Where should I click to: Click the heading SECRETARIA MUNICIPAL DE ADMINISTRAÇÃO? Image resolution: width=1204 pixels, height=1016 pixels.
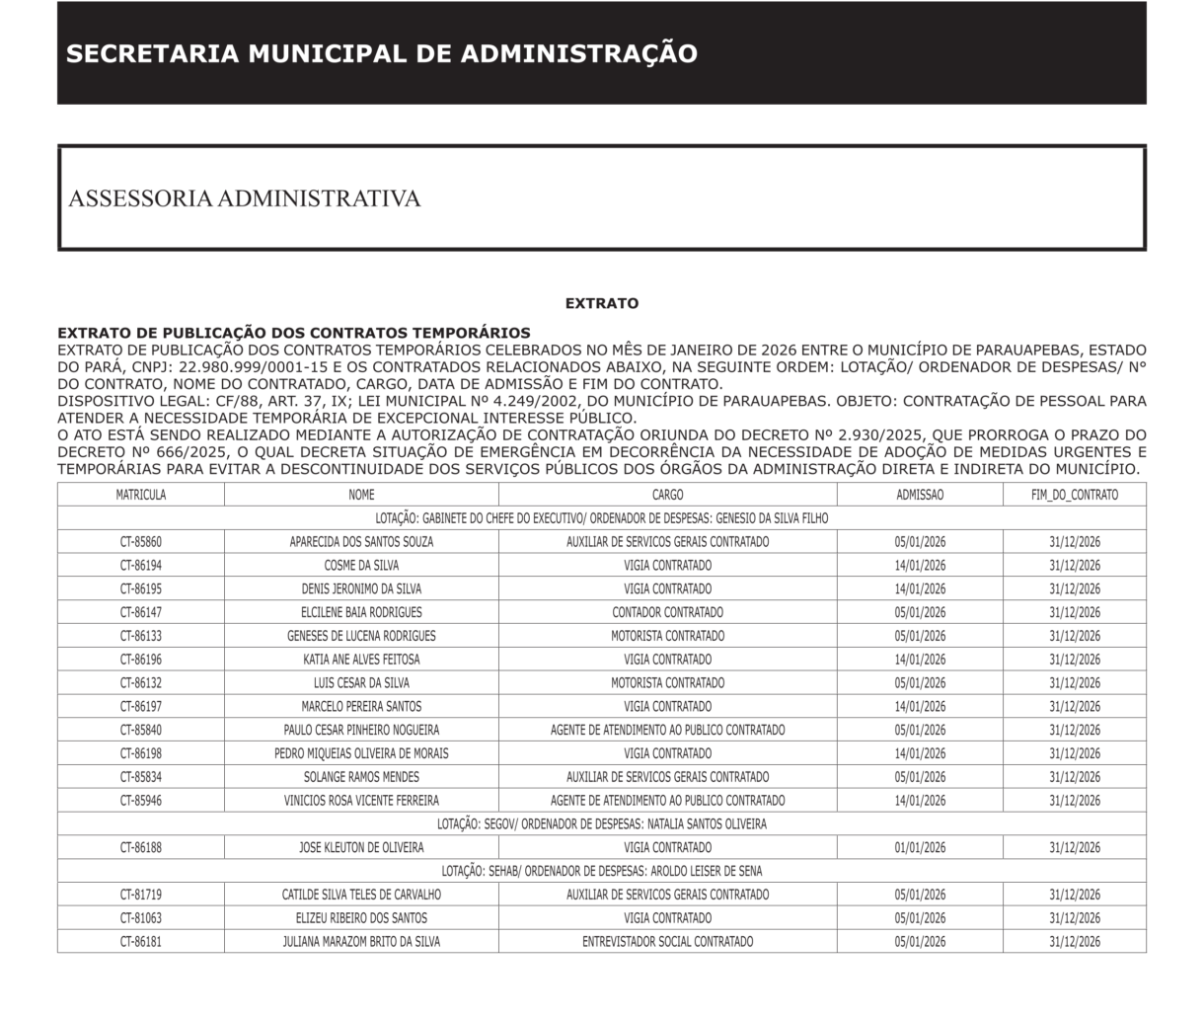tap(382, 53)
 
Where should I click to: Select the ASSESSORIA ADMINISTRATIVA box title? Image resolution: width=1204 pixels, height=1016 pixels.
tap(245, 198)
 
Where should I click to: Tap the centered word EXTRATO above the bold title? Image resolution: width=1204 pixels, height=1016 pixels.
tap(601, 304)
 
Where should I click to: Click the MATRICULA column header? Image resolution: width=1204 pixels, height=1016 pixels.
tap(141, 495)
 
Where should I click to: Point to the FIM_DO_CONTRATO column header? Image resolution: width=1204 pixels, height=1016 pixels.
tap(1075, 495)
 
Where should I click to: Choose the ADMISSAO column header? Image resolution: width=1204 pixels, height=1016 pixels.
tap(920, 495)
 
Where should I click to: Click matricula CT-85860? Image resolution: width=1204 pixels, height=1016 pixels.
tap(141, 542)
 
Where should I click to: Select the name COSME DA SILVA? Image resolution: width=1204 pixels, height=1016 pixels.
tap(361, 566)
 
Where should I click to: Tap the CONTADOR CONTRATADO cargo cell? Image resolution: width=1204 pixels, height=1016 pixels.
tap(667, 612)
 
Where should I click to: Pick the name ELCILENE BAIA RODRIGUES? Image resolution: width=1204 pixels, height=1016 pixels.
tap(361, 612)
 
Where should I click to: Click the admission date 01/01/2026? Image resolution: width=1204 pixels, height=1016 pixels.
tap(920, 847)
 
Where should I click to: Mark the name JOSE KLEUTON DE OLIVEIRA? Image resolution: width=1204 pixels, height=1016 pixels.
tap(361, 847)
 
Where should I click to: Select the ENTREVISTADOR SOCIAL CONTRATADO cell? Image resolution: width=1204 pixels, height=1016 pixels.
tap(667, 941)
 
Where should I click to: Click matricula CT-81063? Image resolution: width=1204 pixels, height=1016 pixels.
tap(141, 918)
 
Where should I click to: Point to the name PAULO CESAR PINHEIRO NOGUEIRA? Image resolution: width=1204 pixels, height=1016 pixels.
tap(361, 730)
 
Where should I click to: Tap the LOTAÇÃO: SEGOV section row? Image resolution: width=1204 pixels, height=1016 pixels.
tap(601, 823)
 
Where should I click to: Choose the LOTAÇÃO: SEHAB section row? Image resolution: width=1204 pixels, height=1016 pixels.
tap(601, 871)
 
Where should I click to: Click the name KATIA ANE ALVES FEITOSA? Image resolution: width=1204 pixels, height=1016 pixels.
tap(361, 660)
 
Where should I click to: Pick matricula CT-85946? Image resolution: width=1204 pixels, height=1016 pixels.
tap(141, 801)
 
